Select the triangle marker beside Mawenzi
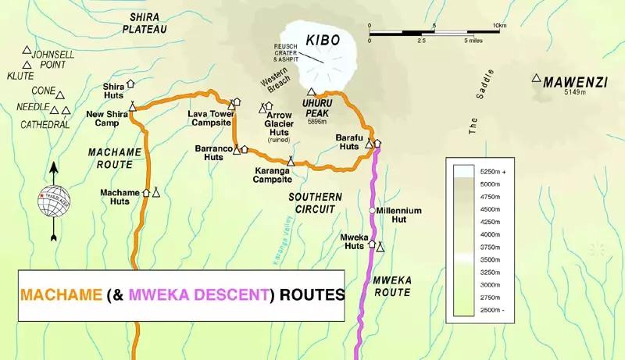[536, 78]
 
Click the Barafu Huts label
[347, 141]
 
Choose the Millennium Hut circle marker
[373, 211]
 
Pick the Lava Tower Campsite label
[207, 118]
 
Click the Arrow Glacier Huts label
[279, 123]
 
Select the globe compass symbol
[53, 198]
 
